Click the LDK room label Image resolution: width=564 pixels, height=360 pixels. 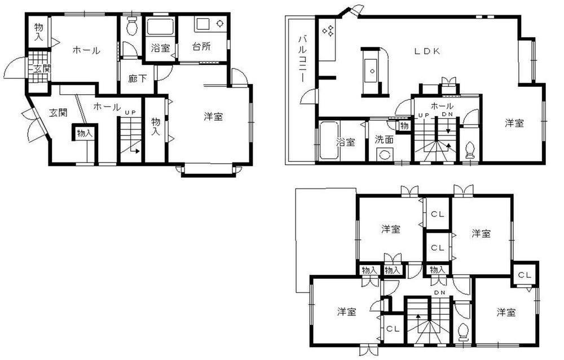pos(427,51)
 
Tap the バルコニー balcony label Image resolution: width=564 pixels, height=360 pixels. pos(302,58)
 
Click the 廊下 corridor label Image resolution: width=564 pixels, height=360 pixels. pos(138,79)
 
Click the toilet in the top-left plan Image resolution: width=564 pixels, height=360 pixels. pos(132,25)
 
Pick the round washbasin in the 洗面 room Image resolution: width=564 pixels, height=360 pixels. pos(385,154)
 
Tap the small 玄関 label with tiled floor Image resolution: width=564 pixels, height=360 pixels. pos(38,69)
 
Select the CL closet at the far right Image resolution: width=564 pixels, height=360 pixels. pos(524,275)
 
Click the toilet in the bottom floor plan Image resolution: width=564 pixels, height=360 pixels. pos(463,330)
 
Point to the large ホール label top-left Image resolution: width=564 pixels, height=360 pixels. pos(86,51)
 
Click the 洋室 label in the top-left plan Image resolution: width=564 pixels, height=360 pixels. pos(213,117)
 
